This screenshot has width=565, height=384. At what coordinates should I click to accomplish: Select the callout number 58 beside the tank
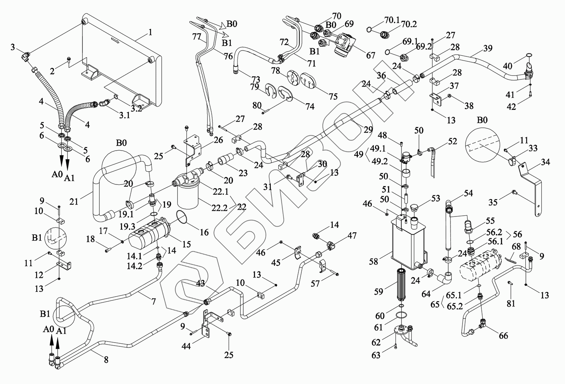(374, 262)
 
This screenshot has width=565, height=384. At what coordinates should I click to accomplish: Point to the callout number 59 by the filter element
(379, 292)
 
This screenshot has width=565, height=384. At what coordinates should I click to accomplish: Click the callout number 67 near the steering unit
(371, 56)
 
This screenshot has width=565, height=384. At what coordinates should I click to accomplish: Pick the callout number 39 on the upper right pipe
(488, 48)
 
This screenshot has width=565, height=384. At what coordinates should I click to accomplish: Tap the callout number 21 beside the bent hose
(74, 201)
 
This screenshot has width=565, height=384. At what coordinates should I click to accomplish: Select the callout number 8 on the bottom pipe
(106, 360)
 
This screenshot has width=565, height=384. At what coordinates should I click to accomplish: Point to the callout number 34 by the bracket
(546, 162)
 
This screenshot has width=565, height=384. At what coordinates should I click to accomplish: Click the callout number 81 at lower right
(510, 303)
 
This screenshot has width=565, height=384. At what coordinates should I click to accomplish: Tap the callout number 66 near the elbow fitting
(503, 335)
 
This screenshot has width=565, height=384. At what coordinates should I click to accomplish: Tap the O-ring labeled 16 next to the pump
(182, 219)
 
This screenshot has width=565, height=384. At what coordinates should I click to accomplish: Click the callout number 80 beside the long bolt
(257, 106)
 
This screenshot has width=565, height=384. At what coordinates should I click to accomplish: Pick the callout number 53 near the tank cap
(435, 198)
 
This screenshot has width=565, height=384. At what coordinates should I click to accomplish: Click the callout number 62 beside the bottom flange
(376, 342)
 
